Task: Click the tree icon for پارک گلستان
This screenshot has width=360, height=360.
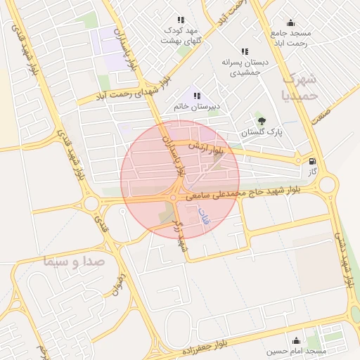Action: coord(262,121)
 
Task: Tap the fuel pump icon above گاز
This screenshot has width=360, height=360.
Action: coord(312,160)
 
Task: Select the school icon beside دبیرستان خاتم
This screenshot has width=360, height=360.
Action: coord(197,96)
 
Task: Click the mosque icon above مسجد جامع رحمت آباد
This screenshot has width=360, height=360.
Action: coord(290,22)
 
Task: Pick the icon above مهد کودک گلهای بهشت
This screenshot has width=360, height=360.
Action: coord(181,20)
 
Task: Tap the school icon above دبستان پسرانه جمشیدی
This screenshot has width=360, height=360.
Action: coord(245,51)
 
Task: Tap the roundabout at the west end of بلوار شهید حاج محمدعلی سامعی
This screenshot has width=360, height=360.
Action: coord(91,203)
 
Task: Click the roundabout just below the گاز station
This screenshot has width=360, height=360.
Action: coord(327,186)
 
